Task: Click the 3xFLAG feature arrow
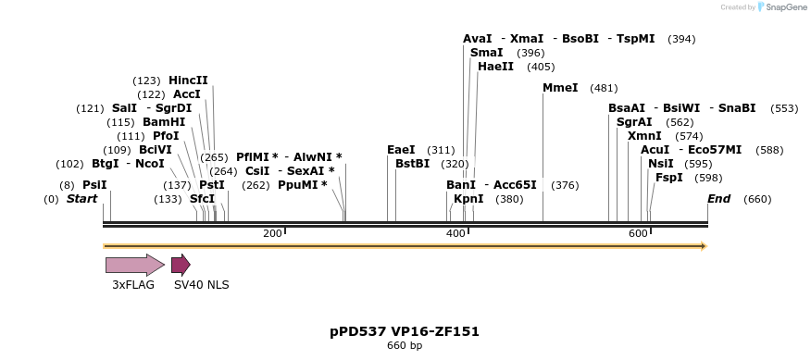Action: point(134,265)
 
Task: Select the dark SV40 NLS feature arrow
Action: point(181,265)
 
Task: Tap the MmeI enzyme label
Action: point(560,88)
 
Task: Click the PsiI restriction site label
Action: point(94,185)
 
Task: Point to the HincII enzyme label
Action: point(188,81)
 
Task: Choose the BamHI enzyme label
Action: point(164,122)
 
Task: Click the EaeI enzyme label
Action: point(401,150)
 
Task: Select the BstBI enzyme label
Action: point(412,164)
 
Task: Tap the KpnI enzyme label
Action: point(468,199)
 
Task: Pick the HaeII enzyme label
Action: point(495,67)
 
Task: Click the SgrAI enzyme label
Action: point(634,122)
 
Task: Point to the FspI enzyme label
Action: point(669,178)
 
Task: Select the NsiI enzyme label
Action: point(661,164)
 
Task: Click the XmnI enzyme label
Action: point(644,136)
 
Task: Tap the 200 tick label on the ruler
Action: point(272,233)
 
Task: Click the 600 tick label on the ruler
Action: point(638,233)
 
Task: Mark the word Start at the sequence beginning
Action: point(81,199)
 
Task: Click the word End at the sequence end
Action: point(718,199)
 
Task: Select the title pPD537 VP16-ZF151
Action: point(405,331)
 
